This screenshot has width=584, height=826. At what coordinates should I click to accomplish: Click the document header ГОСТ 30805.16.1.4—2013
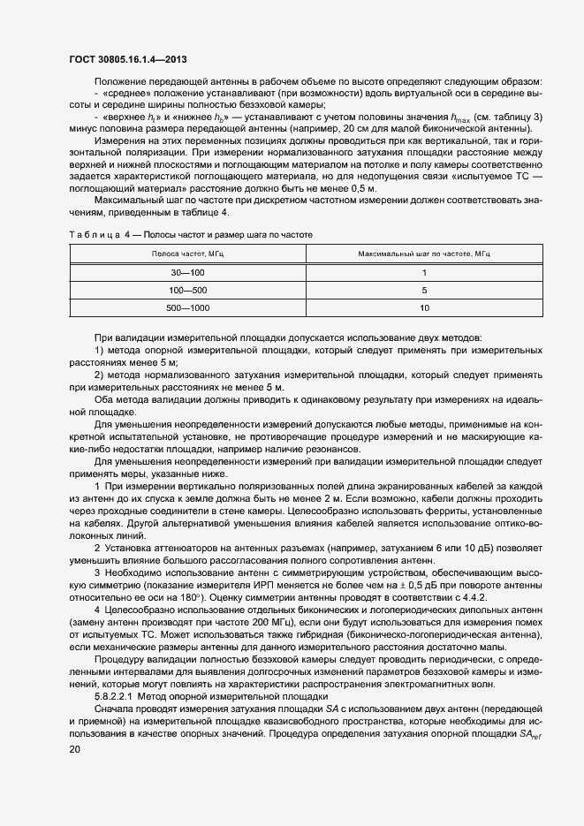[x=127, y=59]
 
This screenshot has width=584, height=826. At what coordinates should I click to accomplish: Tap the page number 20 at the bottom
[x=73, y=749]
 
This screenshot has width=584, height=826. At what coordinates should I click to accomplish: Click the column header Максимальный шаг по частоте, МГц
[x=424, y=254]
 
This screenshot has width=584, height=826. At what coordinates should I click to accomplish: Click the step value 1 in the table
[x=424, y=272]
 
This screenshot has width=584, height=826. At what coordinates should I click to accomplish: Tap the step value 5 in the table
[x=424, y=290]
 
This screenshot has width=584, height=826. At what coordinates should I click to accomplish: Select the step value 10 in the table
[x=424, y=308]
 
